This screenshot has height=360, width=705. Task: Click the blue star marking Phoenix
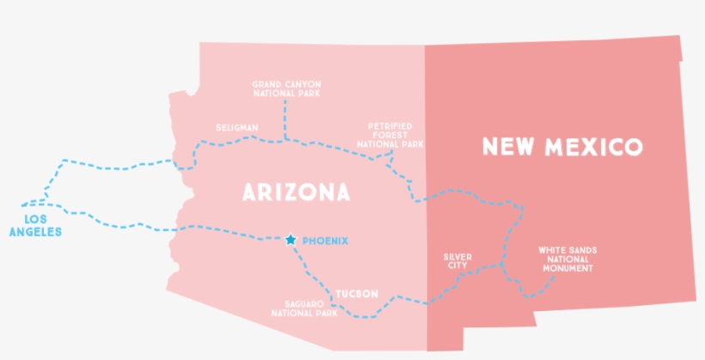(x=291, y=240)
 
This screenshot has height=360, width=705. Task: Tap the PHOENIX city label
(x=326, y=241)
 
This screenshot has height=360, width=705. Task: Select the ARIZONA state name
(x=297, y=192)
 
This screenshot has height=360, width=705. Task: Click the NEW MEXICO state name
(x=562, y=147)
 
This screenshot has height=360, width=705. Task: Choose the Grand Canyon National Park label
(x=285, y=88)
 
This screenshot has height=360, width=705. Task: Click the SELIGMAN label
(x=236, y=128)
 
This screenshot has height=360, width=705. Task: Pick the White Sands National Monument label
(x=567, y=259)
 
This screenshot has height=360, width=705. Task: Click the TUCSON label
(x=357, y=294)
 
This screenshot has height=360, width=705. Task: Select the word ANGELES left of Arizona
(x=35, y=231)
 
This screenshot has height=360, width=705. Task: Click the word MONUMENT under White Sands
(x=567, y=268)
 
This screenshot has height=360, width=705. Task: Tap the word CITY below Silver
(x=457, y=265)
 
